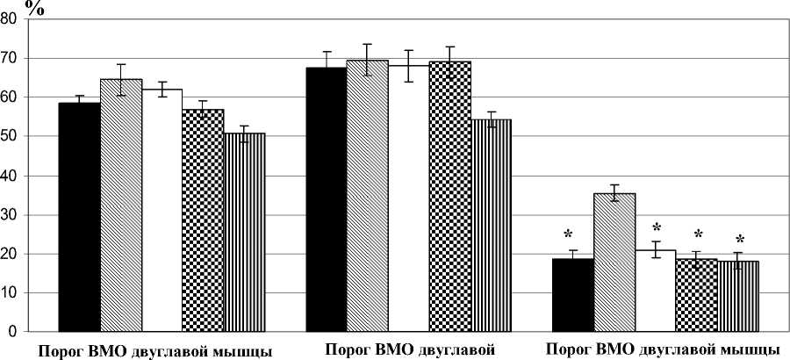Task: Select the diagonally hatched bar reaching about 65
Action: coord(121,205)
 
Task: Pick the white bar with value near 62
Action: coord(162,211)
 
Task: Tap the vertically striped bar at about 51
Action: coord(245,233)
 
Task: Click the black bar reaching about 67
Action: coord(327,199)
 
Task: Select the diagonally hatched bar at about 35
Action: coord(615,263)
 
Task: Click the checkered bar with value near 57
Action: coord(204,220)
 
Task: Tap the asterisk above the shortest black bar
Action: coord(569,234)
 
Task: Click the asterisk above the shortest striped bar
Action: coord(739,239)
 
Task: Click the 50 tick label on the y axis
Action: coord(11,137)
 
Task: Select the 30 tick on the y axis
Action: coord(11,215)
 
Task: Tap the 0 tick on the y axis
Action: coord(16,333)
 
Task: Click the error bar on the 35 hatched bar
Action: coord(615,193)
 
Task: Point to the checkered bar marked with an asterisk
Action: coord(698,295)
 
